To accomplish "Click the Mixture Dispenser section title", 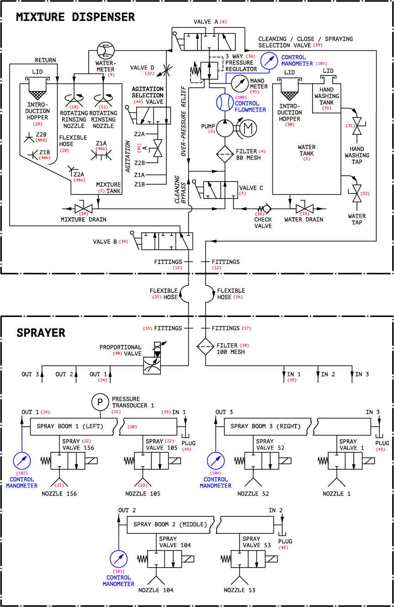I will [75, 17].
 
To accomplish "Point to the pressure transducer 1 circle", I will [99, 402].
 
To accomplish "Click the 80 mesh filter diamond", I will [225, 155].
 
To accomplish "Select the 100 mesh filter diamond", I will [205, 348].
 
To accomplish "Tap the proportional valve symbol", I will [152, 365].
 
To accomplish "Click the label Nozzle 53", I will [240, 590].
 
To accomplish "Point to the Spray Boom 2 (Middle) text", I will [170, 524].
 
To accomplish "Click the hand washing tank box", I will [326, 98].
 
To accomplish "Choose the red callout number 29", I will [37, 124].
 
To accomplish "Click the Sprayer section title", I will [41, 333].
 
